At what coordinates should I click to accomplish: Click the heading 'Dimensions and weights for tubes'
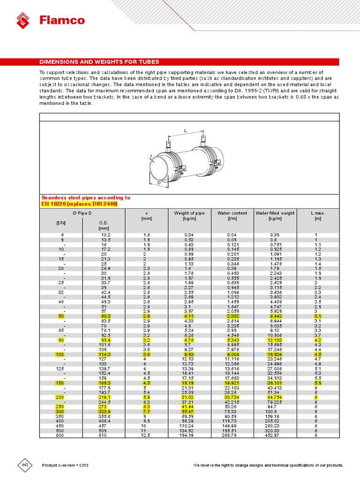[x=99, y=62]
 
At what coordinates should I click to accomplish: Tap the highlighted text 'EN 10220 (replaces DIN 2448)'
[x=80, y=204]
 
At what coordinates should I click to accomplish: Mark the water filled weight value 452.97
[x=275, y=435]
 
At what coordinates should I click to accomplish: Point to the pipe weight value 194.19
[x=189, y=435]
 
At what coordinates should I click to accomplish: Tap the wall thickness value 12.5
[x=147, y=435]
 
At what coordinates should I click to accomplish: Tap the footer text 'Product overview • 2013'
[x=65, y=465]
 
